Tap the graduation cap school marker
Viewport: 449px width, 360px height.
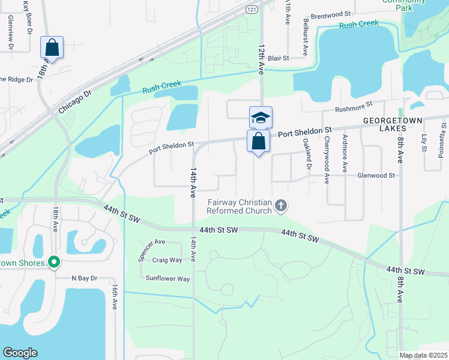(x=261, y=117)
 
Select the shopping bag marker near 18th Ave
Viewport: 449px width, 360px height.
(x=52, y=47)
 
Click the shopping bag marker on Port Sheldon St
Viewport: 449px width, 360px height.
(x=258, y=142)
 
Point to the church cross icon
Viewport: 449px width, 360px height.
(x=280, y=206)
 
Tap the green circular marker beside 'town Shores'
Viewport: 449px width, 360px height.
(x=54, y=262)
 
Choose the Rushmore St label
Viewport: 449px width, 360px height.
(x=350, y=109)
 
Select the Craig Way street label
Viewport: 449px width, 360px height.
(x=167, y=260)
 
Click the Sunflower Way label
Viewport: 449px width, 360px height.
(x=168, y=278)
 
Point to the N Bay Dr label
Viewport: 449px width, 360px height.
(x=84, y=278)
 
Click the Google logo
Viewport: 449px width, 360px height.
(x=20, y=353)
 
